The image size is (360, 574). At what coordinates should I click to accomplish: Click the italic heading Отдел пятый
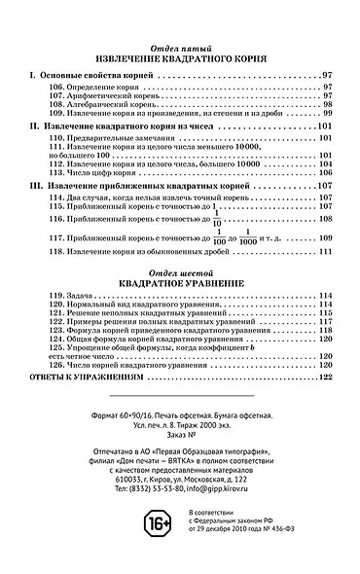(181, 48)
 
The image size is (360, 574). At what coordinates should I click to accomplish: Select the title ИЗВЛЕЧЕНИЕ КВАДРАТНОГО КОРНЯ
(181, 59)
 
